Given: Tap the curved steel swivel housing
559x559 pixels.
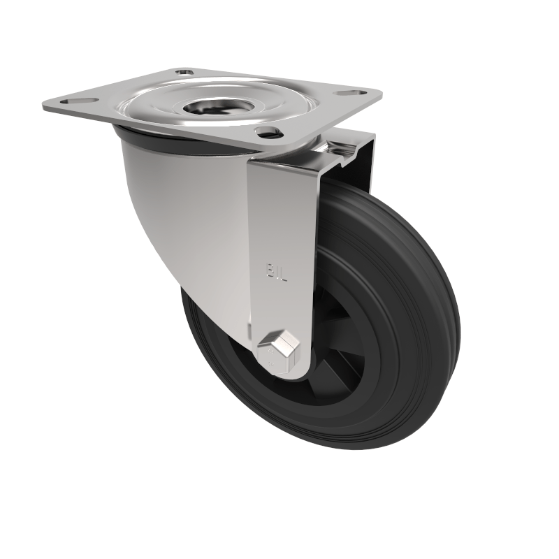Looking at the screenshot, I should (189, 210).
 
